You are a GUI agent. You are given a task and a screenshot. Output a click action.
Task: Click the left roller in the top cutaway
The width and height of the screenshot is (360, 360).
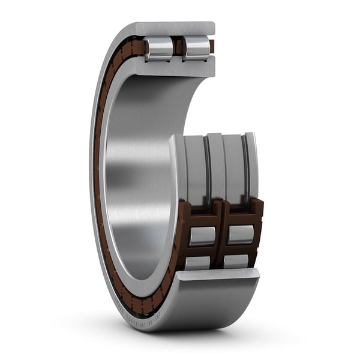pos(159,48)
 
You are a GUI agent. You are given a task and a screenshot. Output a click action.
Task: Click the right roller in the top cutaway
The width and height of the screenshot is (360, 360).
pos(196,48)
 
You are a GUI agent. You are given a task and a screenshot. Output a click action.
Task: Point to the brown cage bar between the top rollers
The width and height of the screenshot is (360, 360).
pos(178,47)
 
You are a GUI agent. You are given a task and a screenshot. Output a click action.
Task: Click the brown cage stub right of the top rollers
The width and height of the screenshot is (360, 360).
pos(212,46)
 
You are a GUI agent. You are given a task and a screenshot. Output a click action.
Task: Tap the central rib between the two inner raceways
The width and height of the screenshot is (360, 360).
pos(215,168)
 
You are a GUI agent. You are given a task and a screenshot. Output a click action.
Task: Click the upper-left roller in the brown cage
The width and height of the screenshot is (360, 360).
pos(202,235)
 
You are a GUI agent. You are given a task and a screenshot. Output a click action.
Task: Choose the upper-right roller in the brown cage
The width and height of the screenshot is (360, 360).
pos(239,234)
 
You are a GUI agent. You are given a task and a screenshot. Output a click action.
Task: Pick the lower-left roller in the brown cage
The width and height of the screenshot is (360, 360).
pos(197,262)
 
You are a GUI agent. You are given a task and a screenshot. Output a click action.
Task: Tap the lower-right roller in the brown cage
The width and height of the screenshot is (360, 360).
pos(235,261)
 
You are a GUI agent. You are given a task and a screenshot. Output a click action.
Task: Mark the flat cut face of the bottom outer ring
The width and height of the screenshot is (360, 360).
pos(219,275)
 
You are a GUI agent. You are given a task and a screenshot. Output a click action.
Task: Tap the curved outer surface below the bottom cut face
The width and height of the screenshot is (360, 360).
pos(204,306)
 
